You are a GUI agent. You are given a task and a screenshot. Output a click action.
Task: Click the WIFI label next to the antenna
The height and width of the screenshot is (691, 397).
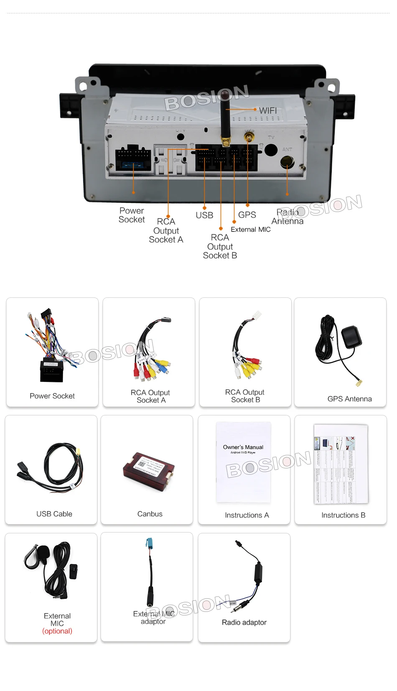click(268, 110)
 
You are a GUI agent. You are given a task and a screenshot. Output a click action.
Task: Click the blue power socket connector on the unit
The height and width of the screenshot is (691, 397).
click(134, 164)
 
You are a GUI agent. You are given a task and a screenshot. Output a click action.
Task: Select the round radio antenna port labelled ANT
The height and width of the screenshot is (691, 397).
click(287, 162)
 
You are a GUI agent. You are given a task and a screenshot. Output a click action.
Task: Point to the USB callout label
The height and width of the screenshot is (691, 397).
click(204, 215)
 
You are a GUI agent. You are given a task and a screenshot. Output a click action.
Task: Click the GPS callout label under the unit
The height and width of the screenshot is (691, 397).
click(247, 215)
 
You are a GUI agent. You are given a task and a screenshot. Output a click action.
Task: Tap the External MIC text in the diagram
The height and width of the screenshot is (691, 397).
click(251, 229)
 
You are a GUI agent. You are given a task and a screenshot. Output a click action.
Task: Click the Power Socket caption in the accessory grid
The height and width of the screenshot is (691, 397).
click(52, 396)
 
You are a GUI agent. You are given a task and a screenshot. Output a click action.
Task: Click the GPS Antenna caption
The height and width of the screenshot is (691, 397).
click(349, 399)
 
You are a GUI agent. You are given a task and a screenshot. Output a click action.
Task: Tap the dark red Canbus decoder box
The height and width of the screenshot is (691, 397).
click(148, 471)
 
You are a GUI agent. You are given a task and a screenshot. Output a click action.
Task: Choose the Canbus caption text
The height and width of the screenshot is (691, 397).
click(150, 514)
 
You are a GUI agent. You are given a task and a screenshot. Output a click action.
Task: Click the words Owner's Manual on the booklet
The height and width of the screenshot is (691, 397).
click(243, 447)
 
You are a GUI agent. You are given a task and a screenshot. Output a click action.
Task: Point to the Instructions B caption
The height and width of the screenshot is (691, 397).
click(343, 515)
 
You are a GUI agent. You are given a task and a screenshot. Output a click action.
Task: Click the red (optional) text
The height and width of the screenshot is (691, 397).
click(57, 631)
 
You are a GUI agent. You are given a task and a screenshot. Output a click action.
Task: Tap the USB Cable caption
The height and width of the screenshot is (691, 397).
click(54, 514)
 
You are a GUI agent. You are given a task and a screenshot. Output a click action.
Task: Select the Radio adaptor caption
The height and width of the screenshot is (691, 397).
click(244, 622)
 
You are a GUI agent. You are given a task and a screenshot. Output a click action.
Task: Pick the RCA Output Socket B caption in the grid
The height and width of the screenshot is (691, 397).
click(245, 396)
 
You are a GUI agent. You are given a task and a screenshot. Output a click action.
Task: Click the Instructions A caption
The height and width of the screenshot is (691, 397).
click(247, 515)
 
